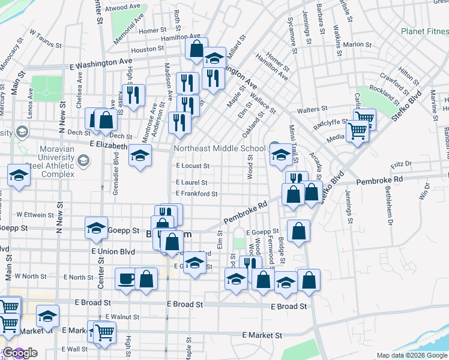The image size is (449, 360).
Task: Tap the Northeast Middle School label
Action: point(219,148)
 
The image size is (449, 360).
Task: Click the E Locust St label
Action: point(193,166)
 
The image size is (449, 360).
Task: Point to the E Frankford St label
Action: point(196,194)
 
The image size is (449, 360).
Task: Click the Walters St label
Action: point(316,110)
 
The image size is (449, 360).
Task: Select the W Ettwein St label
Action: point(36,214)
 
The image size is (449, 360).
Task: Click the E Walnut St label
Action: point(122,316)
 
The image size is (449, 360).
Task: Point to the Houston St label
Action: point(147,49)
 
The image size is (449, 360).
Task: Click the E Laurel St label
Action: point(191,182)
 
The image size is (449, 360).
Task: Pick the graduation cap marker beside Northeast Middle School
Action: point(280,156)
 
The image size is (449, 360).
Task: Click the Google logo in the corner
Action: point(19,353)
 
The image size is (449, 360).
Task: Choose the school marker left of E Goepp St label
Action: point(96,228)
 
